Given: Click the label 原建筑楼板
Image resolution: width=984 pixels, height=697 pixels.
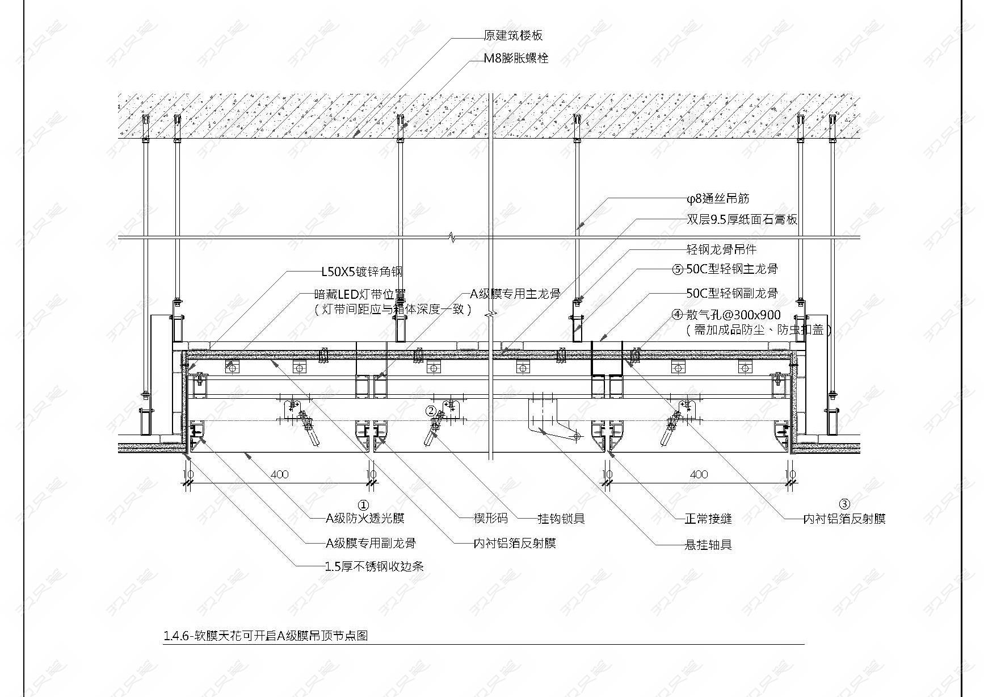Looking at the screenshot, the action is click(513, 35).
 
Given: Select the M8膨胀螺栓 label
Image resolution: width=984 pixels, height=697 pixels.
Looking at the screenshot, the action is click(516, 58).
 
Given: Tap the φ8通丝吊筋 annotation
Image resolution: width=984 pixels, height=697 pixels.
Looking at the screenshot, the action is click(717, 198).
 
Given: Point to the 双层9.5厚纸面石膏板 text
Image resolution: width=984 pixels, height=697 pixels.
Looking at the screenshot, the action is click(742, 219).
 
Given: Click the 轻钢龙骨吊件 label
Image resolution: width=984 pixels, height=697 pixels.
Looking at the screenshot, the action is click(721, 249).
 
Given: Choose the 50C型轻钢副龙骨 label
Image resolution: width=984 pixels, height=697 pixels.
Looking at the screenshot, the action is click(732, 293).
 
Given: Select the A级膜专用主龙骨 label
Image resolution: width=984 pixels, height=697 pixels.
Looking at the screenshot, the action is click(515, 294).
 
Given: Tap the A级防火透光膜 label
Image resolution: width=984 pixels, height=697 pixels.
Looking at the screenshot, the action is click(365, 518).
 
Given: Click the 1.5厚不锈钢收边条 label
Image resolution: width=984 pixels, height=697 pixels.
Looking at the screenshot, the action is click(375, 566).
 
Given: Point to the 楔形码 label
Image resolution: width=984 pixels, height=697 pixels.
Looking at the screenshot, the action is click(491, 518).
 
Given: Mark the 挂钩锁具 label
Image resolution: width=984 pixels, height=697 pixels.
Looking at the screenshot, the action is click(561, 518).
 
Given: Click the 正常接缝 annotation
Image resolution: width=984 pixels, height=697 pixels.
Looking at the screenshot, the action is click(708, 518).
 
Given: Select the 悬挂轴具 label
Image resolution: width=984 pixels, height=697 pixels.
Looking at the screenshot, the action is click(708, 545).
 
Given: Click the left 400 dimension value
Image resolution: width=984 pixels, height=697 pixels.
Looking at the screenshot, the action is click(279, 474).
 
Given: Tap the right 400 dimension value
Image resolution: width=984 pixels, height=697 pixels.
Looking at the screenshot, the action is click(699, 474).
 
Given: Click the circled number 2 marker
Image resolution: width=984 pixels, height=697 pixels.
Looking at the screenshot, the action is click(431, 411).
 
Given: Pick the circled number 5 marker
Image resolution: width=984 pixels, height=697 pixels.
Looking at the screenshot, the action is click(678, 269).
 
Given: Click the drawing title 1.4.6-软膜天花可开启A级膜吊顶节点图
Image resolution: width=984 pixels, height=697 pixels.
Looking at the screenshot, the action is click(266, 636).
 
